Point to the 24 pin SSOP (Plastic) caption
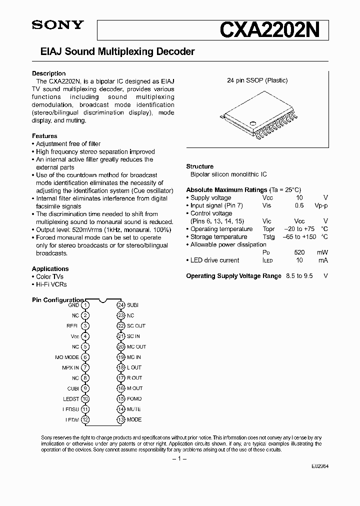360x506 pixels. tap(257, 80)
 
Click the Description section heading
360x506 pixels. tap(48, 73)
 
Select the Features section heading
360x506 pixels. tap(44, 136)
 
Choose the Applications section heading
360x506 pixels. tap(50, 268)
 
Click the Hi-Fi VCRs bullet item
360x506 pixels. tap(49, 284)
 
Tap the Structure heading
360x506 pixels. tap(199, 166)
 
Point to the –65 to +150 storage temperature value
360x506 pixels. tap(299, 237)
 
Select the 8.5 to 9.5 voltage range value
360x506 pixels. tap(299, 276)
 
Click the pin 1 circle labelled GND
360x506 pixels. tap(86, 305)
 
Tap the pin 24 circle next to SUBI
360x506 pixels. tap(120, 305)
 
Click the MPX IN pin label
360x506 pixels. tap(70, 367)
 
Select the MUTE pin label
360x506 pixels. tap(134, 409)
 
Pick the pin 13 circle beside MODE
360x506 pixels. tap(120, 419)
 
